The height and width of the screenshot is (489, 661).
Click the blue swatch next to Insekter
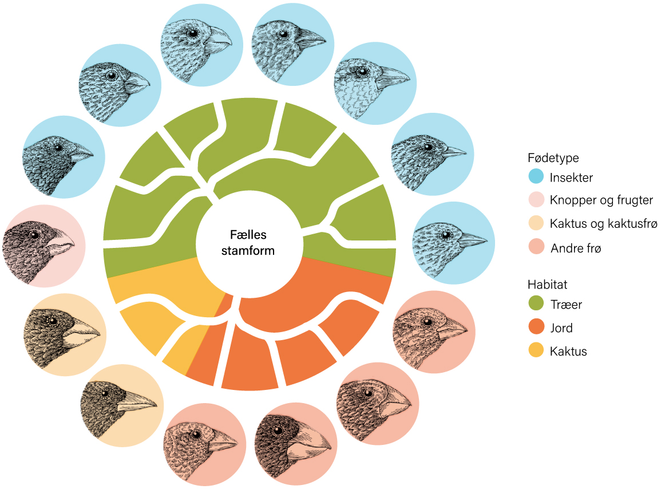[x=536, y=177]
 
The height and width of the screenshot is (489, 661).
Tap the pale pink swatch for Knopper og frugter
[x=536, y=200]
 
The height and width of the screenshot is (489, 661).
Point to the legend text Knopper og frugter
[x=601, y=200]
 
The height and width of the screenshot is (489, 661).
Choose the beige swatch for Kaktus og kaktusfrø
[x=536, y=224]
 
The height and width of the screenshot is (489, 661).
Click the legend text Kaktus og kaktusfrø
[x=603, y=224]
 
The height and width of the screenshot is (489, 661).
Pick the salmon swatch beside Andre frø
[x=536, y=248]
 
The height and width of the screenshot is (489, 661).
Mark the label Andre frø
[x=576, y=248]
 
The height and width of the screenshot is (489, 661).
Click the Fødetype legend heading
[x=553, y=157]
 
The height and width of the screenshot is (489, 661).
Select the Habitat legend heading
[x=547, y=285]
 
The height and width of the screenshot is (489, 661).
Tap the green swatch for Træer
[x=536, y=305]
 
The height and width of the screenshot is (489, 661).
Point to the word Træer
[x=566, y=305]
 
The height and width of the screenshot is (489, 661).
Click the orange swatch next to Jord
[x=536, y=328]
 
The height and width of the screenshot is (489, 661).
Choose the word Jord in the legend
[x=561, y=328]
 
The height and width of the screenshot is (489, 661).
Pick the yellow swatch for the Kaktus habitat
[x=536, y=352]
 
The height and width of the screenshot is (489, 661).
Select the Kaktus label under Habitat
[x=568, y=352]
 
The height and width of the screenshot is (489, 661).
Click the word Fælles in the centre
[x=248, y=235]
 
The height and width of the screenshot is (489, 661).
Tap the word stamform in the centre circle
[x=248, y=250]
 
